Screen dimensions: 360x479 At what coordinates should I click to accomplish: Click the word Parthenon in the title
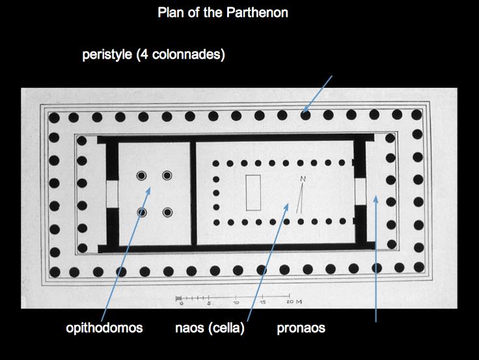coord(258,13)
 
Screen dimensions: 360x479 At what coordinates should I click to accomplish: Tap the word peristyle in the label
coord(105,55)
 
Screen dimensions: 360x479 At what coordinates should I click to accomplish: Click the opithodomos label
coord(104,328)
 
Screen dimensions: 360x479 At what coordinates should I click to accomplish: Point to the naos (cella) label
coord(210,328)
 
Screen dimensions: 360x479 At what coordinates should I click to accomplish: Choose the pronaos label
coord(301,328)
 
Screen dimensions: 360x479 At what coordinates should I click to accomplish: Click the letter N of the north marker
coord(303,179)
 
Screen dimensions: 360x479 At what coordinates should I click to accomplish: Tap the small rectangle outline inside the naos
coord(253,193)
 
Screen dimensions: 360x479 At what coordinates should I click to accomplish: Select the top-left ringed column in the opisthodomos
coord(141,176)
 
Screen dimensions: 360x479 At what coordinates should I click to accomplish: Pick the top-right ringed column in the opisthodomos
coord(167,176)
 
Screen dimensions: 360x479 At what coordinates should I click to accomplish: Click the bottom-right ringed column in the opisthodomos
coord(167,212)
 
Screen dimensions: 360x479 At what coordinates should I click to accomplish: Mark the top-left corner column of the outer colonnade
coord(54,118)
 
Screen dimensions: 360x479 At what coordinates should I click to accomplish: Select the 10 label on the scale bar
coord(236,303)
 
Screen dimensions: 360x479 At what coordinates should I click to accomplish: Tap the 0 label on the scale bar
coord(182,303)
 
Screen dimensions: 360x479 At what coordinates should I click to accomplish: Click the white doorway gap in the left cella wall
coord(111,193)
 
